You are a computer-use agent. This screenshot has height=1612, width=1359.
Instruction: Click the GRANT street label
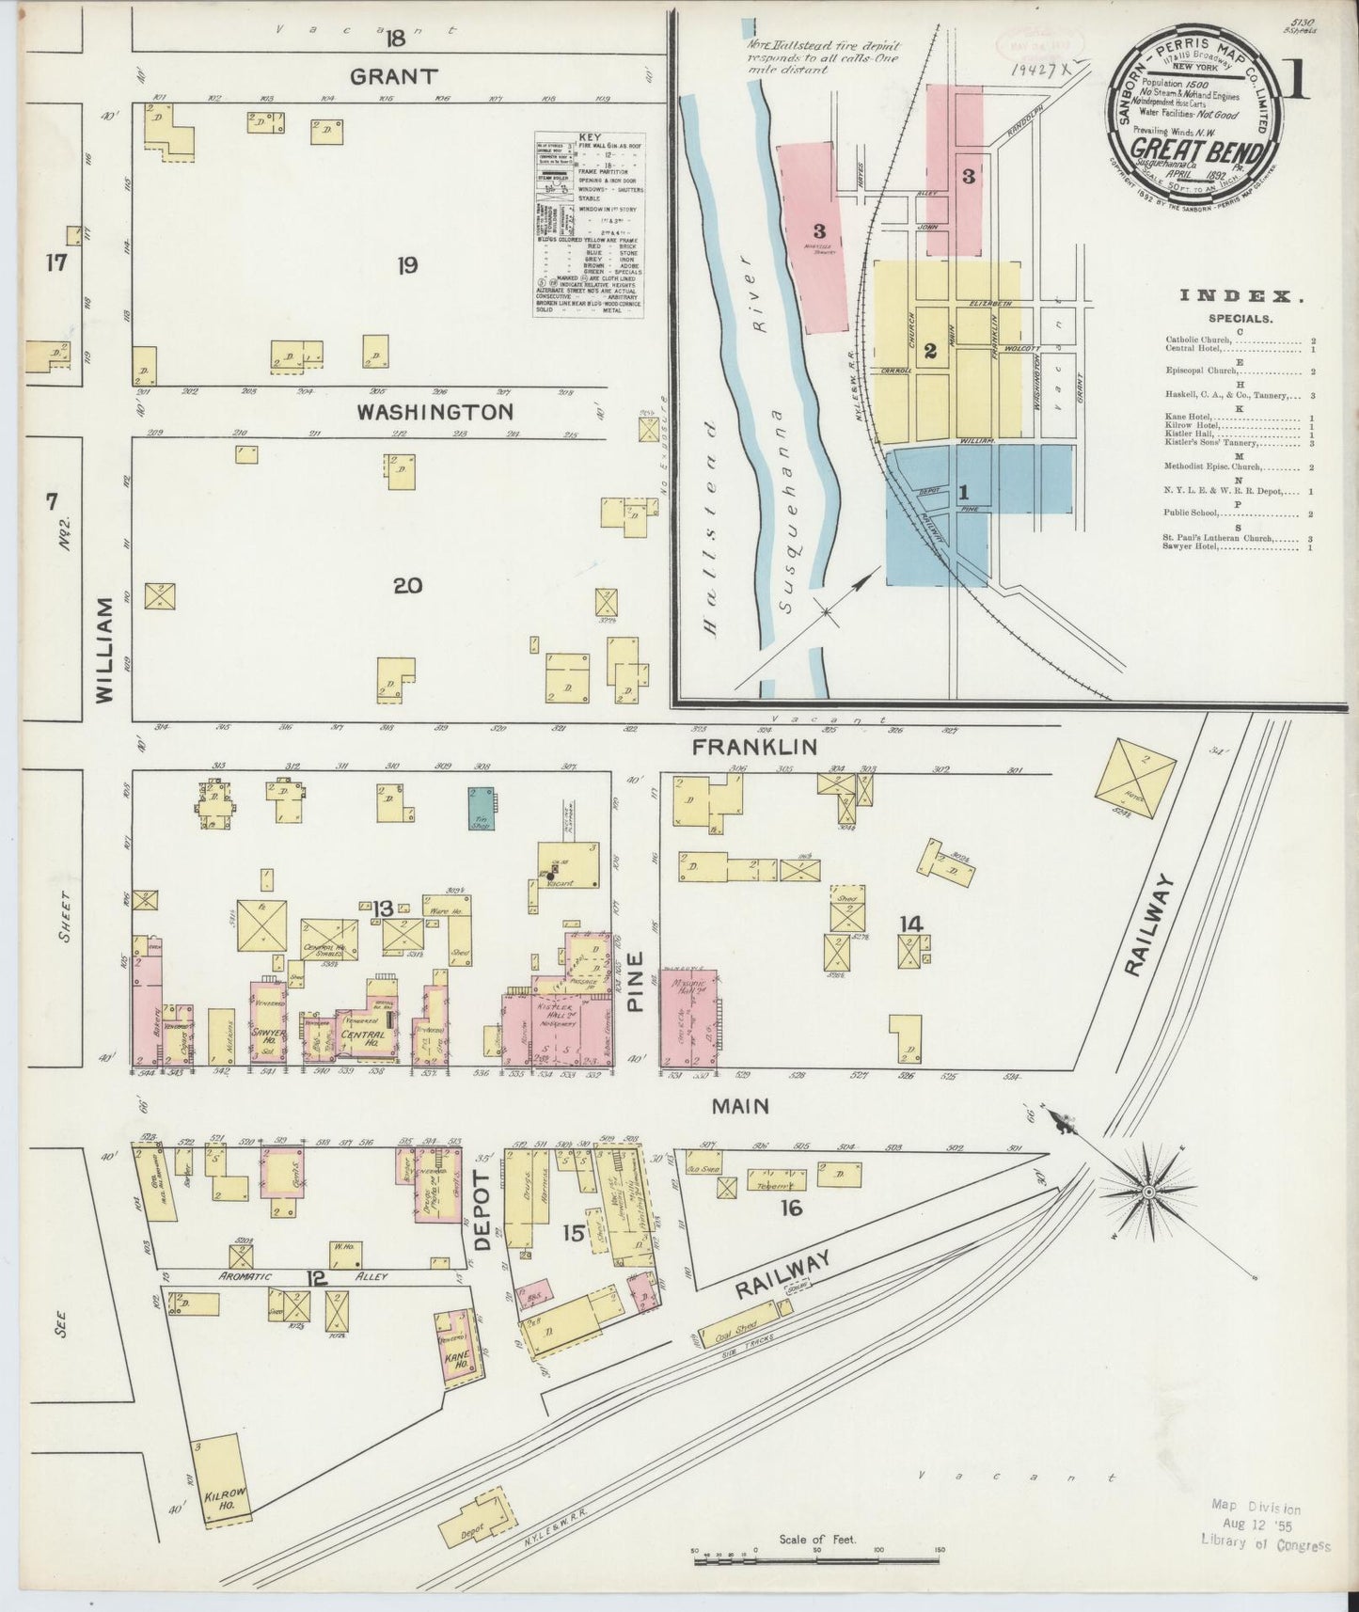coord(394,76)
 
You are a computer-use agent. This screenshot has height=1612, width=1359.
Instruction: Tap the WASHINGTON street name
coord(435,412)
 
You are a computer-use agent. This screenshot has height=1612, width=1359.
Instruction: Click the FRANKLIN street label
coord(754,747)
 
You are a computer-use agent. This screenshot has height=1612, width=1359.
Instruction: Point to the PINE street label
coord(636,982)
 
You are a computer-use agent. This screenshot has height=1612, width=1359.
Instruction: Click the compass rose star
coord(1147,1193)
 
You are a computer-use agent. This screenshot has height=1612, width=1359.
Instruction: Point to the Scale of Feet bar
coord(815,1561)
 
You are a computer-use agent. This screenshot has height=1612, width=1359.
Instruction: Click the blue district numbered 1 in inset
coord(963,491)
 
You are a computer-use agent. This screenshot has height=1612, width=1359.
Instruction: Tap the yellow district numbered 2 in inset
coord(930,352)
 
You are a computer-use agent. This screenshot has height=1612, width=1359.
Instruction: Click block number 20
coord(407,586)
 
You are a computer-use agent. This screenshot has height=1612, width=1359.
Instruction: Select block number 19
coord(406,266)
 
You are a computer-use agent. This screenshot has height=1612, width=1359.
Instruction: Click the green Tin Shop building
coord(482,808)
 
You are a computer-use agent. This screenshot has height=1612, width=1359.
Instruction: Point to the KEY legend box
coord(589,224)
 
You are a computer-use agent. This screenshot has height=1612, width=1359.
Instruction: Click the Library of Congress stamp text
coord(1265,1544)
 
